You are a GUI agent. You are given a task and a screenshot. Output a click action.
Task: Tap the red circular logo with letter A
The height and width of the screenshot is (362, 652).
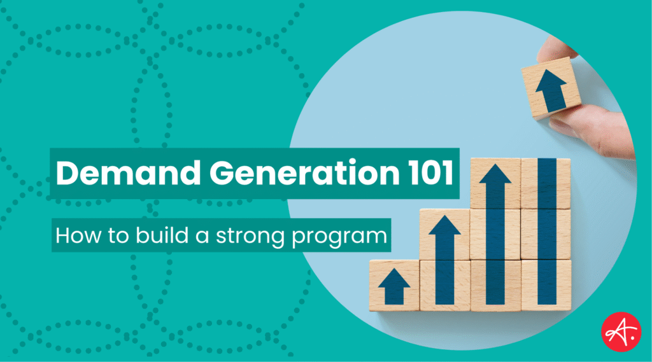pos(621,331)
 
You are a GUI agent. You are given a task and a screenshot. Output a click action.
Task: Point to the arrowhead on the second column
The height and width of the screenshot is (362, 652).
pos(444,230)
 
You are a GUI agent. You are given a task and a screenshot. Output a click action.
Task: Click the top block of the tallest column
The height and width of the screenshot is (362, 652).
pos(546,184)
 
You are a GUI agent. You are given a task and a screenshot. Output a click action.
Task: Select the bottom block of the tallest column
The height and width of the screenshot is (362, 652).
pos(546,284)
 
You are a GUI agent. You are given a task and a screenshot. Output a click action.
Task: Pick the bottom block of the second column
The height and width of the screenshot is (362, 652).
pos(444,284)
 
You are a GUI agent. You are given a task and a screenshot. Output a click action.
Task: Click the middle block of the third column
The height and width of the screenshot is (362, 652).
pos(495,234)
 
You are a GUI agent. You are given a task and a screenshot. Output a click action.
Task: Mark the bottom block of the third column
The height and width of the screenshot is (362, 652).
pos(495,284)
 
